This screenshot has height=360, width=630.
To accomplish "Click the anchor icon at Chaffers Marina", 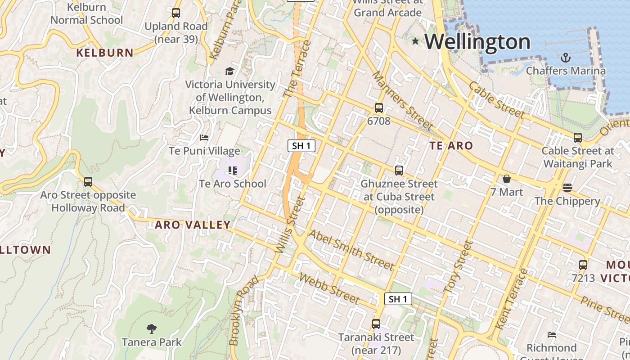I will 566,57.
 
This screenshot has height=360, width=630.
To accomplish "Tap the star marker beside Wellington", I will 415,41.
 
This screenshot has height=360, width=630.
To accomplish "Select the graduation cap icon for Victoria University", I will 229,71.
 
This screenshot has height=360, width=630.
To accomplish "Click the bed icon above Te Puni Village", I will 204,137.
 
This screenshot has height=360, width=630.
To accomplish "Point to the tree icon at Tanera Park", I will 152,329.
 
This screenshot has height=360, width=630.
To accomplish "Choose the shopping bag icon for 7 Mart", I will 507,179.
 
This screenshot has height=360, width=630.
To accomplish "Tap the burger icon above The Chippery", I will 567,187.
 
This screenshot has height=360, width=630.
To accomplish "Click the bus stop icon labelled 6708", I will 378,108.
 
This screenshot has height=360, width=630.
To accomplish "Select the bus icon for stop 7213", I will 583,265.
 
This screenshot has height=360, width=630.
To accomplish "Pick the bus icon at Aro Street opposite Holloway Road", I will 88,182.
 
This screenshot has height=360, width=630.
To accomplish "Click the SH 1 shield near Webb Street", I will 398,299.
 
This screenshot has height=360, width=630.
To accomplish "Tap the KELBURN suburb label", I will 105,53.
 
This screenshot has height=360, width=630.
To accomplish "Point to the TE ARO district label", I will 451,145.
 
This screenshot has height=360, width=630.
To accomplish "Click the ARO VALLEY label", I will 193,225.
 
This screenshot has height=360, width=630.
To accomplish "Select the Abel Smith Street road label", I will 351,250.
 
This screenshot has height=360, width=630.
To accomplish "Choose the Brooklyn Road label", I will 243,310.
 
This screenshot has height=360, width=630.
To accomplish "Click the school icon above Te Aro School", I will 232,170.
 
